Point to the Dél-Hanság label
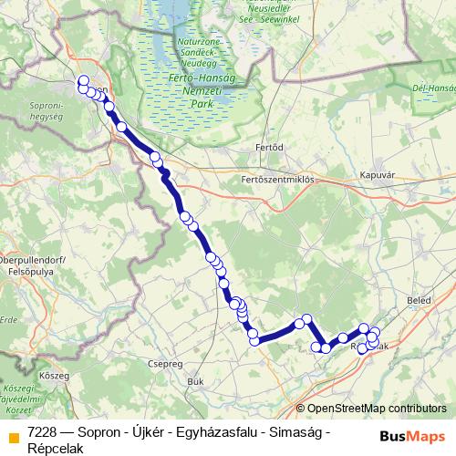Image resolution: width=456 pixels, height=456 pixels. tap(434, 88)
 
